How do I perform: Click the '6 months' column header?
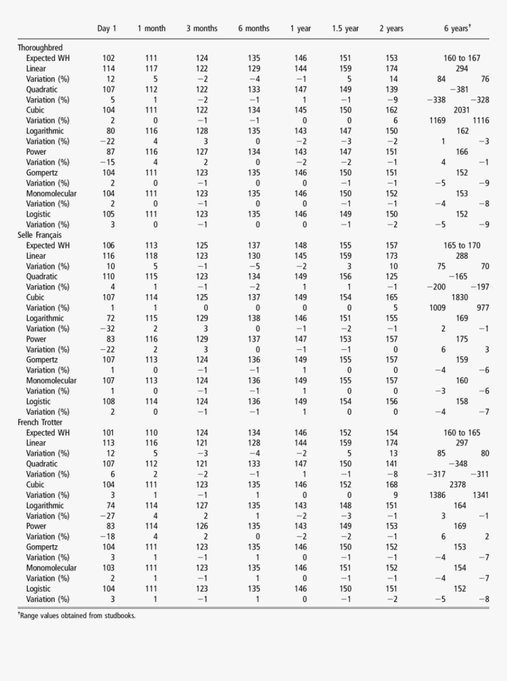click(x=253, y=28)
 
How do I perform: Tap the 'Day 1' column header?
click(x=107, y=28)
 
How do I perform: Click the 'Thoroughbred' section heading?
click(x=40, y=48)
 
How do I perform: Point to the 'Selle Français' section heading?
click(x=39, y=235)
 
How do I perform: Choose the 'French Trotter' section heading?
click(x=40, y=422)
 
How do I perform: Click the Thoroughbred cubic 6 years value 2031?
click(x=462, y=110)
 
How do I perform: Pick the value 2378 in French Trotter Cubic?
click(x=462, y=485)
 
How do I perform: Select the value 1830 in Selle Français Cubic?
click(x=462, y=298)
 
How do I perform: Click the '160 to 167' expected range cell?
click(x=462, y=58)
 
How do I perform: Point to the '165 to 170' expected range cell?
click(x=462, y=246)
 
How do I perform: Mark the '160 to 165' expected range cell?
click(x=462, y=433)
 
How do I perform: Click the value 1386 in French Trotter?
click(x=437, y=495)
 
